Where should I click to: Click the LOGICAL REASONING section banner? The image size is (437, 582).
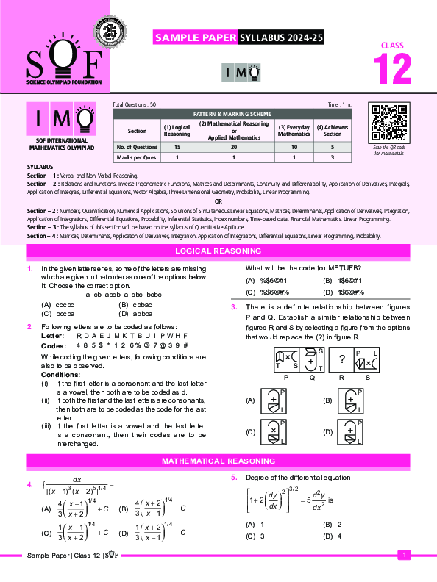(218, 251)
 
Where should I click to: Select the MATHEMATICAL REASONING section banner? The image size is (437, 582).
(218, 460)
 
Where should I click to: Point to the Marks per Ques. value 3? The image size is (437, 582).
(333, 157)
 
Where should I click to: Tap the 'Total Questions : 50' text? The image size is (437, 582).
(135, 106)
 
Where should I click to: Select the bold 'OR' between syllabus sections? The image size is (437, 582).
(218, 201)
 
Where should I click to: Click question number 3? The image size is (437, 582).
(233, 306)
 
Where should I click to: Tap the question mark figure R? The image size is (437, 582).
(342, 359)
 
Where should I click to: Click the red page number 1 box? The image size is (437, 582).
(403, 556)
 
